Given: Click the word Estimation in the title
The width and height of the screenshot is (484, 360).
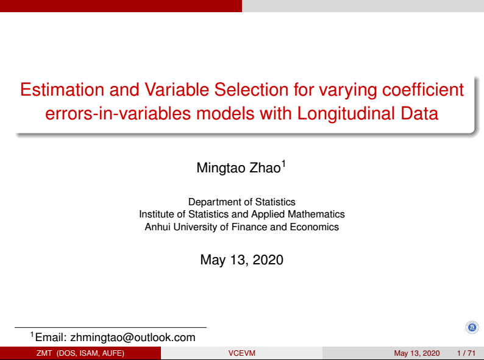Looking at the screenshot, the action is [62, 90].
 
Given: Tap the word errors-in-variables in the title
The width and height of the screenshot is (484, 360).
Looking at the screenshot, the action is [118, 113].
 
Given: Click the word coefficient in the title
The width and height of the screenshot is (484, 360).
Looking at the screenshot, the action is [423, 90].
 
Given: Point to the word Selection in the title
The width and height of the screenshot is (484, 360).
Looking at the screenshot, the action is [251, 90].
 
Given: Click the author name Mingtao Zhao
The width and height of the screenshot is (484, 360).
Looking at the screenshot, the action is [238, 168].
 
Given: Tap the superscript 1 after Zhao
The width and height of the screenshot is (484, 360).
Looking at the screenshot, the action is [283, 163].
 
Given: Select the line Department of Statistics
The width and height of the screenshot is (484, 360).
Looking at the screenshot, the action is [241, 202].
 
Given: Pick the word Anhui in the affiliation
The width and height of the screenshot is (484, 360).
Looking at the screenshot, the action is [157, 227].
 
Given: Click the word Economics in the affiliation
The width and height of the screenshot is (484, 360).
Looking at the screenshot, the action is [314, 227].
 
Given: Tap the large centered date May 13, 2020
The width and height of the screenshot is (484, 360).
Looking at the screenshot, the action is [241, 259].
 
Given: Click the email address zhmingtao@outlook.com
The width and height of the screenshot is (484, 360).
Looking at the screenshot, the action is [133, 337].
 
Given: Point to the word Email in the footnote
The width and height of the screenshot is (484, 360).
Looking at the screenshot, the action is [51, 337].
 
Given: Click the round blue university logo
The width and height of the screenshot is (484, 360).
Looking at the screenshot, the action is [472, 327].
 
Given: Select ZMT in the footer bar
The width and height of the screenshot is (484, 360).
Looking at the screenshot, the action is [44, 353].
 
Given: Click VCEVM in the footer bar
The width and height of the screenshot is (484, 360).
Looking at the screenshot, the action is [241, 353].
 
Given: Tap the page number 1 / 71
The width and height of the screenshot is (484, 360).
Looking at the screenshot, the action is [466, 353].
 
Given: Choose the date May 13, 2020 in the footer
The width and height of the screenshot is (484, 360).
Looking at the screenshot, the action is [417, 353].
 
